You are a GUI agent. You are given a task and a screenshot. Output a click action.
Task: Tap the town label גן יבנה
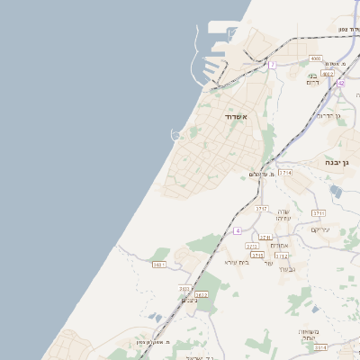pos(339,162)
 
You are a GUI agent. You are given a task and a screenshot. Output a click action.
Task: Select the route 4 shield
pos(237,230)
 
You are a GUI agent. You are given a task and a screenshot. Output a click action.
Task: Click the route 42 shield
pos(341,82)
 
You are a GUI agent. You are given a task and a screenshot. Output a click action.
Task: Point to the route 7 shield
pos(272,65)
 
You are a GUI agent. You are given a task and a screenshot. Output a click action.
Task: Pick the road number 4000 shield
pos(315,58)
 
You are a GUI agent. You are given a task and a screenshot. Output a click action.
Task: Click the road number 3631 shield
pos(159,265)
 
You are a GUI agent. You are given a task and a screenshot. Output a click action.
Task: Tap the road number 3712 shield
pos(282,255)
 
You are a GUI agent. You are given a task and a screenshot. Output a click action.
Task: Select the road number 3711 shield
pos(319,212)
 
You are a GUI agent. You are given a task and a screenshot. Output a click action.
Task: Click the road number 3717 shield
pos(261,208)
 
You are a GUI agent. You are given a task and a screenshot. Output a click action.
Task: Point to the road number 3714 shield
pos(285,172)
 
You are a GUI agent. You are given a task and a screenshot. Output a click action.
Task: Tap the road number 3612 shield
pos(201,294)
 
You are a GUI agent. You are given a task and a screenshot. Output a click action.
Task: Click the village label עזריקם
pos(320,229)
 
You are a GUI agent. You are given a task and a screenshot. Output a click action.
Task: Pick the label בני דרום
pos(314,79)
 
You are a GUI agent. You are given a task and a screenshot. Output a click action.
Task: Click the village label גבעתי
pos(287,268)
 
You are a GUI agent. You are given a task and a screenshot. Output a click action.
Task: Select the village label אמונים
pos(278,246)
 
